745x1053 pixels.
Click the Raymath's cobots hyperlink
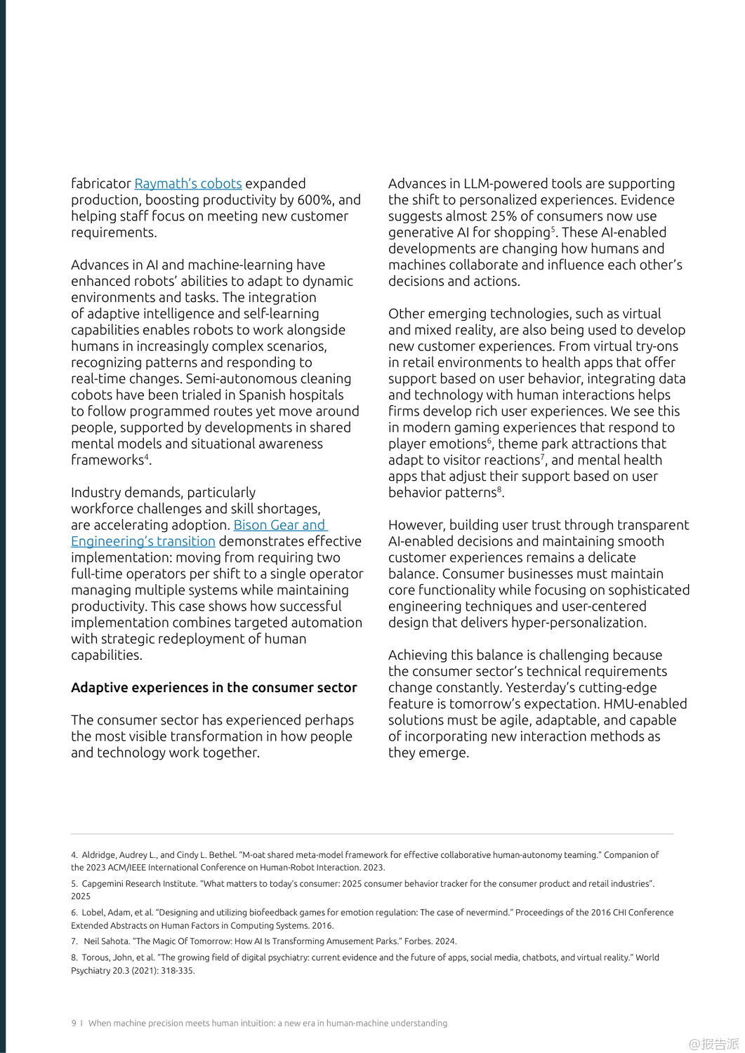188,184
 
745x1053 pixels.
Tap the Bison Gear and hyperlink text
279,525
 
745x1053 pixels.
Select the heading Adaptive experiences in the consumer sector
213,688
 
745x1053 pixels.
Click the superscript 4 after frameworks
147,457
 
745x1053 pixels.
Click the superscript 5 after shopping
553,229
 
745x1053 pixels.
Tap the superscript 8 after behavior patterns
500,489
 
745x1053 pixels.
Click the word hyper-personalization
579,623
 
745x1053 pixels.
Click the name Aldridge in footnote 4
100,855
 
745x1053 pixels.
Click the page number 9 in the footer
74,1024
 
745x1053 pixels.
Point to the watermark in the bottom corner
713,1044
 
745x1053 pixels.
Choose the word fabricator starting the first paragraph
101,184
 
